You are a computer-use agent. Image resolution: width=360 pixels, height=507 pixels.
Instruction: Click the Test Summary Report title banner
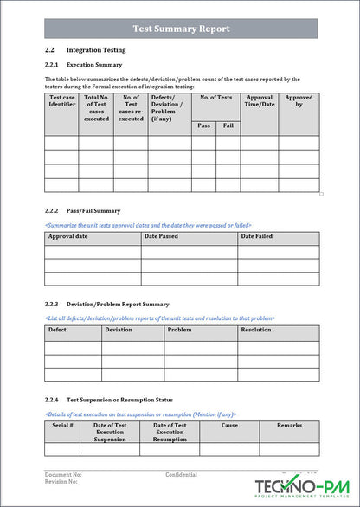(x=181, y=29)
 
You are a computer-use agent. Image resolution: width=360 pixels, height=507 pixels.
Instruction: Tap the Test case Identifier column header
(x=61, y=102)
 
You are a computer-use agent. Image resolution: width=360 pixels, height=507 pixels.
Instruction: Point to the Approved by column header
(x=299, y=102)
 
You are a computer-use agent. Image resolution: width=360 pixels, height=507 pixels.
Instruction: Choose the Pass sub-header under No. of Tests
(x=203, y=125)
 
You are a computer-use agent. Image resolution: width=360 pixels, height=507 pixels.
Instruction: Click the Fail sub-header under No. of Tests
(x=228, y=125)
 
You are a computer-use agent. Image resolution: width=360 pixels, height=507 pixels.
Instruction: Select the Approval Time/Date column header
(x=260, y=102)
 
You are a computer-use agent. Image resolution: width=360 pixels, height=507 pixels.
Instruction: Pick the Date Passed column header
(x=161, y=236)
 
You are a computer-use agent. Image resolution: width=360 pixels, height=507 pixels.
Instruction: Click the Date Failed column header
(x=256, y=236)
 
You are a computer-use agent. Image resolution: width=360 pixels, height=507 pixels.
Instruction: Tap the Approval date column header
(x=67, y=236)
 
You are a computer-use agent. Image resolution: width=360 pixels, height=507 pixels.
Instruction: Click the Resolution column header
(x=255, y=330)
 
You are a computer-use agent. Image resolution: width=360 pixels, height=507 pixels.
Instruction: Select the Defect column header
(x=57, y=330)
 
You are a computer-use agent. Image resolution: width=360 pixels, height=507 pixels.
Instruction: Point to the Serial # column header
(x=62, y=426)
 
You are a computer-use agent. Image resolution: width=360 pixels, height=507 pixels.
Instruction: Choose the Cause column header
(x=229, y=426)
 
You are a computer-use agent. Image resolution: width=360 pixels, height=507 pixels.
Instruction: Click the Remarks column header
(x=289, y=426)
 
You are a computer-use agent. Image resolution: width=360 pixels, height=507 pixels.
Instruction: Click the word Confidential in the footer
(x=181, y=475)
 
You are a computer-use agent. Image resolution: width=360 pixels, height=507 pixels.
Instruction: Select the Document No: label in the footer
(x=63, y=475)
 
